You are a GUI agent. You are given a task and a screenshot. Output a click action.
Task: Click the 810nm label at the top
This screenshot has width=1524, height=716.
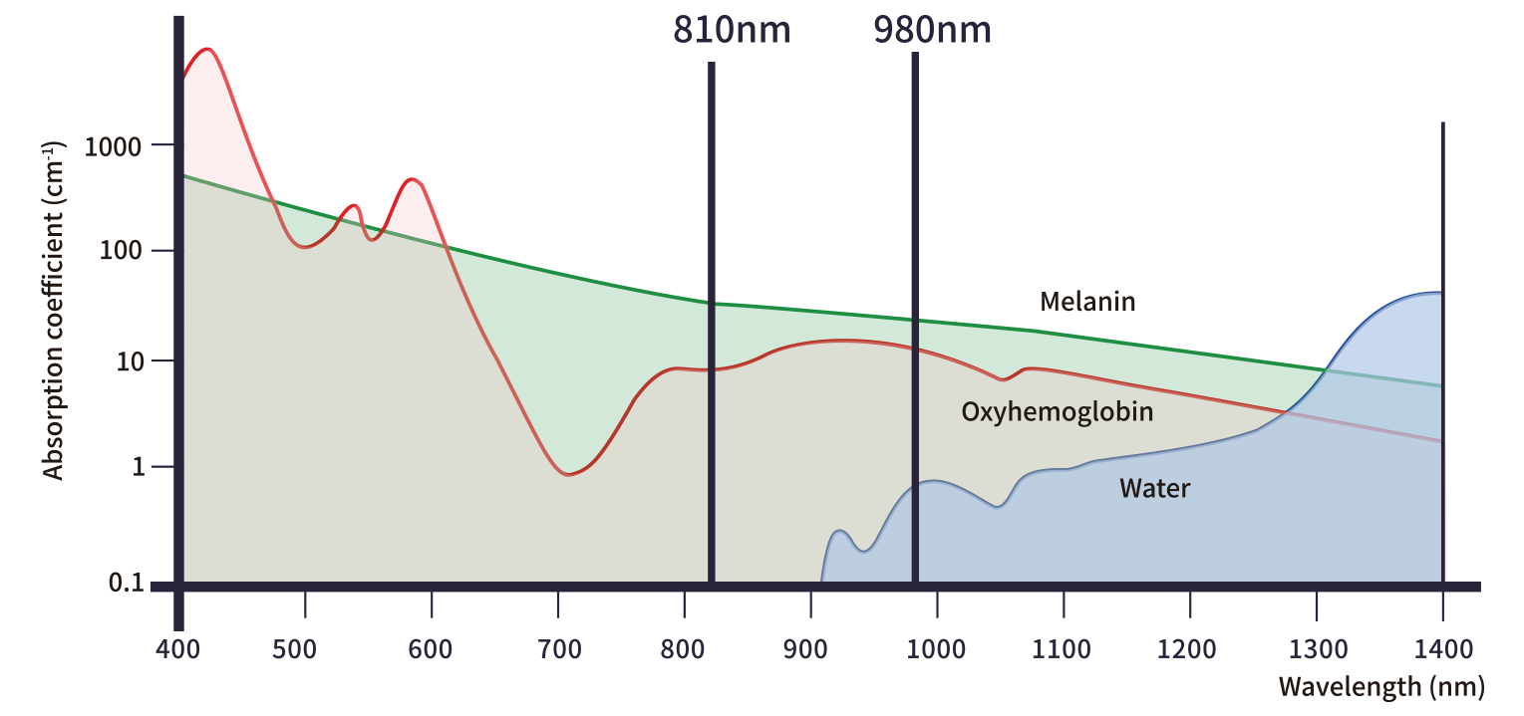pos(731,30)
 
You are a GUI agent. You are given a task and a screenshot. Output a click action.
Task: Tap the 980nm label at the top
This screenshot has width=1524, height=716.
pos(932,30)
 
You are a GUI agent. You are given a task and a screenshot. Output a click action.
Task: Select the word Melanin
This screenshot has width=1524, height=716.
pos(1087,301)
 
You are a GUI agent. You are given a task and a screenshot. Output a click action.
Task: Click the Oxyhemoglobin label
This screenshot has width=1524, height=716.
pos(1057,411)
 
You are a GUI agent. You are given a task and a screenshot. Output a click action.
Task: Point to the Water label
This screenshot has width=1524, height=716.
pos(1154,488)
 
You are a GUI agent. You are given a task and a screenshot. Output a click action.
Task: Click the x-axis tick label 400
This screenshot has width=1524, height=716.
pos(178,650)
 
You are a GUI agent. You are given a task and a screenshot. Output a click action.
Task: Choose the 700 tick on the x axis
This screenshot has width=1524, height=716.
pos(558,650)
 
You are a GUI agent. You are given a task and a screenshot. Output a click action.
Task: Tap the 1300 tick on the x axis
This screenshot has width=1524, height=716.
pos(1316,650)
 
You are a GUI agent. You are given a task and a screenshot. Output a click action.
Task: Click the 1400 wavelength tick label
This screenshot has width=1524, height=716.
pos(1442,650)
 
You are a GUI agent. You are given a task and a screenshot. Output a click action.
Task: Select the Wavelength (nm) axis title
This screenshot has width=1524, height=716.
pos(1379,686)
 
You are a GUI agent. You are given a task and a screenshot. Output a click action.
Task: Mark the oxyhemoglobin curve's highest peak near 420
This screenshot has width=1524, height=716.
pos(207,49)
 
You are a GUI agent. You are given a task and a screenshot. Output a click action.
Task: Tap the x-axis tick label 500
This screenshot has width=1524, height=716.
pos(304,650)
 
